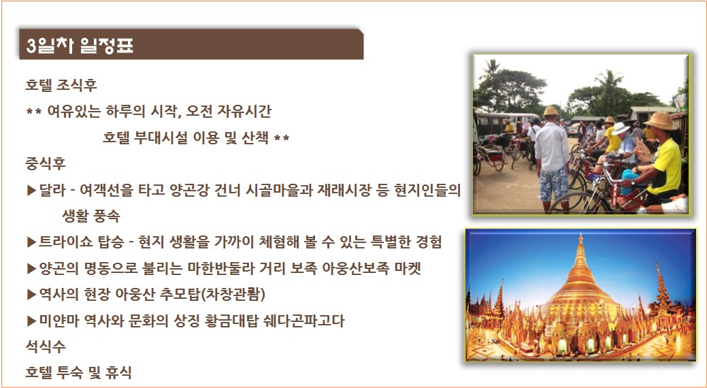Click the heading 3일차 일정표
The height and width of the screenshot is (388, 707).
tap(80, 46)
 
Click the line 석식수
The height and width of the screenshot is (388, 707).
tap(46, 346)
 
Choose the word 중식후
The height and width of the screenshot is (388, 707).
tap(46, 164)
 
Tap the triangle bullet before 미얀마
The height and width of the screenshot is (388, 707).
tap(31, 321)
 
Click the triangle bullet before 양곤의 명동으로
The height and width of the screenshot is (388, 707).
tap(31, 269)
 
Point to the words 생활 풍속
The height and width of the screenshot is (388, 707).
tap(91, 216)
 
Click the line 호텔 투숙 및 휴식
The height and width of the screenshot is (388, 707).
tap(78, 372)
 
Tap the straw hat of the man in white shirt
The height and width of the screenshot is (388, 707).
tap(550, 112)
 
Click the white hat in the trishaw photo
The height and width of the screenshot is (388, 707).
tap(621, 128)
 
